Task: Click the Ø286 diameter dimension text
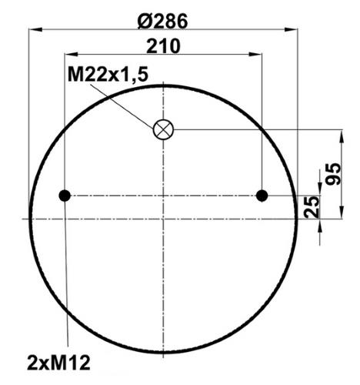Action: (x=162, y=21)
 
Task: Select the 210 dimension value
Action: (x=163, y=46)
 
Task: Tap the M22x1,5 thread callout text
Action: (x=108, y=75)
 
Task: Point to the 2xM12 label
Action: (x=58, y=363)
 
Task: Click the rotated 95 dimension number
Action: (x=333, y=174)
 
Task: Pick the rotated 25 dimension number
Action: (x=312, y=207)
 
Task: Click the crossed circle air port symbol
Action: (x=163, y=129)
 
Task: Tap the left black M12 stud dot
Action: (x=65, y=196)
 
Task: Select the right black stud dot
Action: (x=262, y=196)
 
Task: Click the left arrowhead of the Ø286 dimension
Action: (x=35, y=29)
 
